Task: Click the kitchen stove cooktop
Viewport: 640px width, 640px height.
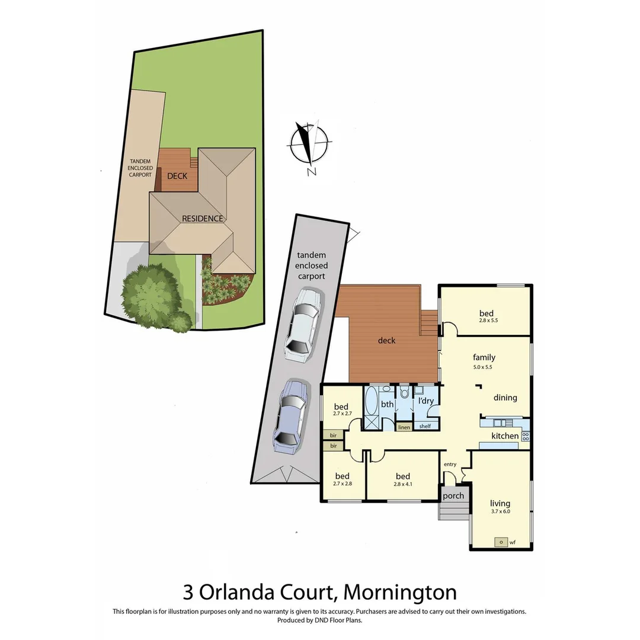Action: pos(525,436)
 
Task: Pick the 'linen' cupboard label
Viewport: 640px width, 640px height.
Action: pos(404,427)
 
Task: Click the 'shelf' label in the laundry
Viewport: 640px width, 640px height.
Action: pos(425,427)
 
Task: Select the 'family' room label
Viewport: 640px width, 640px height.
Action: pos(484,357)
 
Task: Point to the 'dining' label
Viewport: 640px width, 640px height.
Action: pos(505,398)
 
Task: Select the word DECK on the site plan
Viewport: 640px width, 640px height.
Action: pos(177,176)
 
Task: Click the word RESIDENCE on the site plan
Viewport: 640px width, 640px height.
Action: pos(202,218)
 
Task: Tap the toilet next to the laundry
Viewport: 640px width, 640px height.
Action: pos(404,392)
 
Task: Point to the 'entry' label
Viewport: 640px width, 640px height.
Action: pos(450,464)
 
